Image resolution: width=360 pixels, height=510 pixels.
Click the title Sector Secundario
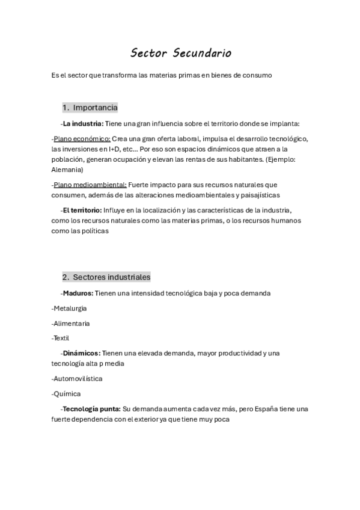pyautogui.click(x=180, y=54)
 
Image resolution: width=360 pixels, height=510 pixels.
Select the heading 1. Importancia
pyautogui.click(x=90, y=108)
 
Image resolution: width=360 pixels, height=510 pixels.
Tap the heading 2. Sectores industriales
pyautogui.click(x=106, y=277)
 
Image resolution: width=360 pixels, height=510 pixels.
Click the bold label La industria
pyautogui.click(x=83, y=124)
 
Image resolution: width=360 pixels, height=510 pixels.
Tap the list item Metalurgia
pyautogui.click(x=70, y=308)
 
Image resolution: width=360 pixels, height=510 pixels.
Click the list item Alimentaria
pyautogui.click(x=72, y=323)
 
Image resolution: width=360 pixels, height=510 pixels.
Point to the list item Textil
pyautogui.click(x=62, y=338)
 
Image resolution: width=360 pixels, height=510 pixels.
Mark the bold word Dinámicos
pyautogui.click(x=81, y=353)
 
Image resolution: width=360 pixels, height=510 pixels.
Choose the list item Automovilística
pyautogui.click(x=78, y=379)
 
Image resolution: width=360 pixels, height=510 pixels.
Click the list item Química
pyautogui.click(x=67, y=394)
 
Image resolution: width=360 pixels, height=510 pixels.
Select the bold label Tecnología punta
pyautogui.click(x=91, y=409)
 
